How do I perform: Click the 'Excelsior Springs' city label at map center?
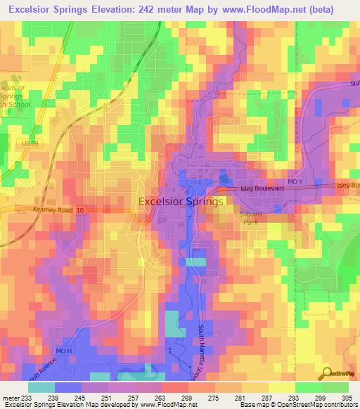coord(181,201)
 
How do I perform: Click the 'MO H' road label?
coord(63,350)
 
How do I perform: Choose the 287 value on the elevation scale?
coord(259,398)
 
